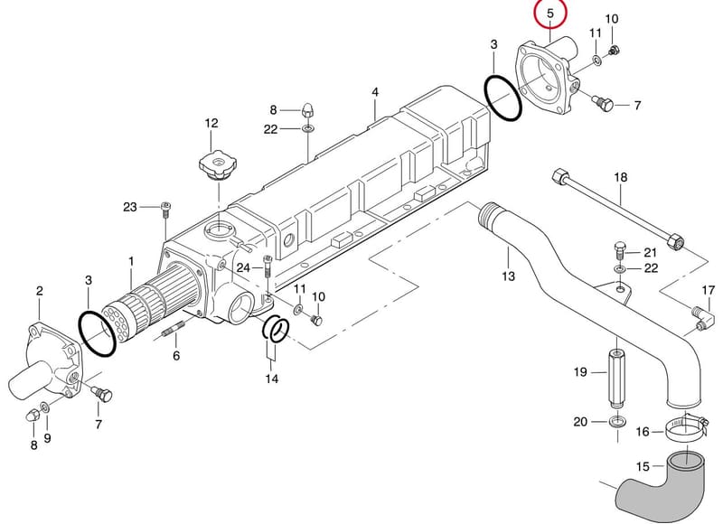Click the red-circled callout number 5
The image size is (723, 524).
[549, 14]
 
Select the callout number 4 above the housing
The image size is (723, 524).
[375, 92]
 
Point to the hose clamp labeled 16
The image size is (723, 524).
[685, 426]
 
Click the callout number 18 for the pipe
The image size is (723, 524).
[621, 177]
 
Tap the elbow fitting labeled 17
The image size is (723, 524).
[703, 318]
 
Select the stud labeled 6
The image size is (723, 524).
[173, 330]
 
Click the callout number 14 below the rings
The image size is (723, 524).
[272, 379]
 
